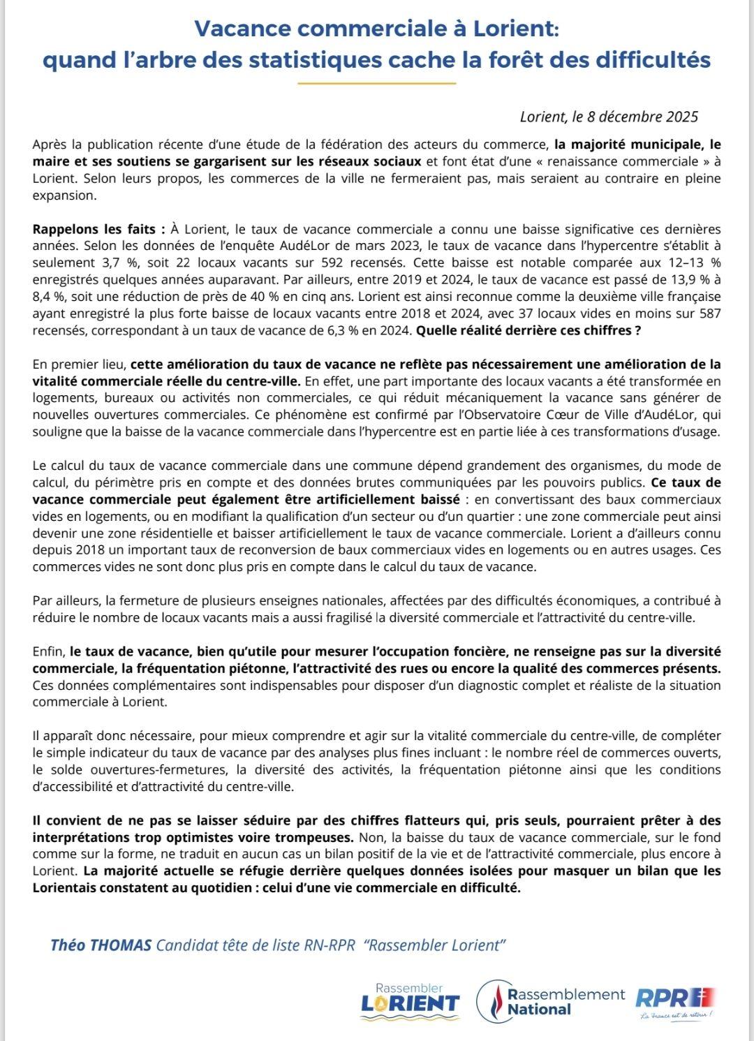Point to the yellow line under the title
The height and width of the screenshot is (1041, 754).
click(376, 84)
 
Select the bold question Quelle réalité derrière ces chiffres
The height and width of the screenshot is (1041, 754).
click(528, 330)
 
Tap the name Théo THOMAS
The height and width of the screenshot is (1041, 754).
click(101, 945)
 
